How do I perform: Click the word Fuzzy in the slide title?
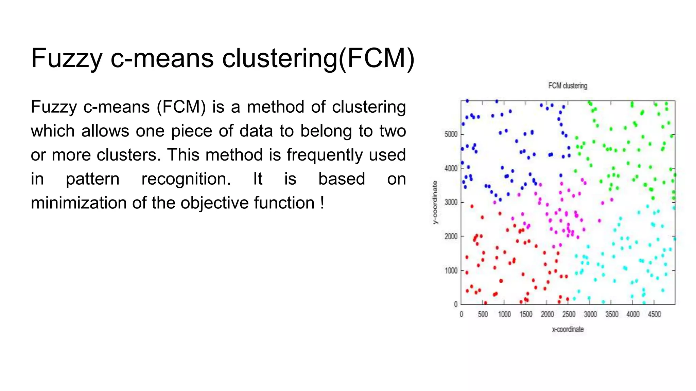[x=67, y=58]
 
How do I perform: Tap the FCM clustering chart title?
[x=568, y=86]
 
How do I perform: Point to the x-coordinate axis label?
[x=568, y=329]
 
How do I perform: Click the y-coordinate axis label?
[x=435, y=202]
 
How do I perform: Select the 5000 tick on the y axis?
[x=451, y=134]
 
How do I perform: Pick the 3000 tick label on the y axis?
[x=451, y=202]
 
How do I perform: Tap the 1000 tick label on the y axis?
[x=451, y=271]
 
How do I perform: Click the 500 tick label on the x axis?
[x=483, y=314]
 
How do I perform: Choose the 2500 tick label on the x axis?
[x=569, y=314]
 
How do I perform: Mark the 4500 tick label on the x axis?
[x=654, y=314]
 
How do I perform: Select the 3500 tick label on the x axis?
[x=612, y=314]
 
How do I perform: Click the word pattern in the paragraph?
[x=92, y=179]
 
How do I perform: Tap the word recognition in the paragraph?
[x=186, y=179]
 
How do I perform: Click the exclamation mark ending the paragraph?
[x=322, y=203]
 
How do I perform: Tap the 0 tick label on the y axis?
[x=456, y=304]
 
